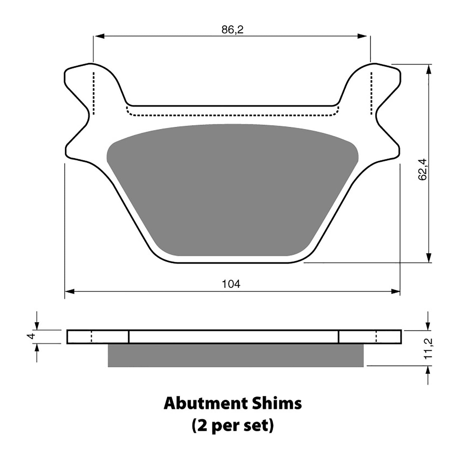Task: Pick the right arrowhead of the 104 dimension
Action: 395,291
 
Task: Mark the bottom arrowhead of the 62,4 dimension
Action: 429,258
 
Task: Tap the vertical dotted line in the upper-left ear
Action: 93,93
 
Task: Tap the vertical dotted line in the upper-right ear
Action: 371,93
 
